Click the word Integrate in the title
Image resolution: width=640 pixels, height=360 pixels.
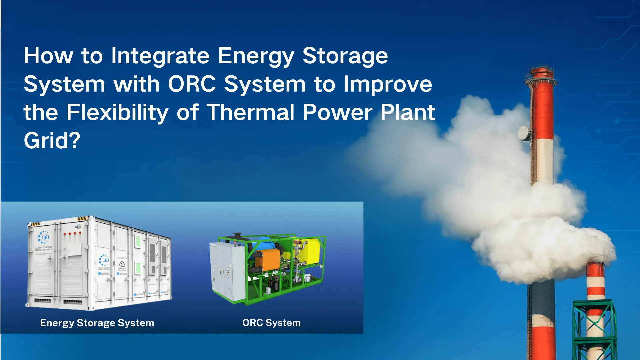coord(160,56)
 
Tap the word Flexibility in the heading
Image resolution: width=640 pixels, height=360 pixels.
coord(117,113)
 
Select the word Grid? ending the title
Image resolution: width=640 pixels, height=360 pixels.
coord(52,141)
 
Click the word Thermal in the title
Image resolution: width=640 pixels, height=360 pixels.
coord(251,113)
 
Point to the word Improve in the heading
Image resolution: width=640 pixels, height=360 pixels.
coord(388,84)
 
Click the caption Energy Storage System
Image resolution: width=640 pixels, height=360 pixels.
coord(97,323)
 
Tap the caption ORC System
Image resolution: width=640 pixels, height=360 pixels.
coord(271,323)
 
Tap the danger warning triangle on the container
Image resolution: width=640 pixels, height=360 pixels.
coord(122,264)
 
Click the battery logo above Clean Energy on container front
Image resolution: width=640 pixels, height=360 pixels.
coord(44,237)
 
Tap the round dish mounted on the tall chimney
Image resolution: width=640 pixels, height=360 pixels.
coord(524,133)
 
